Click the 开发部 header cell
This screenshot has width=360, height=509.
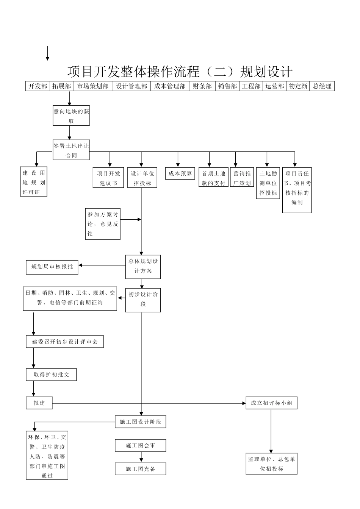pyautogui.click(x=38, y=86)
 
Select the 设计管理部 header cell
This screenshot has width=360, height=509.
pyautogui.click(x=131, y=86)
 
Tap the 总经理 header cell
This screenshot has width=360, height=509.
pyautogui.click(x=322, y=86)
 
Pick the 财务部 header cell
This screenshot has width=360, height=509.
pyautogui.click(x=202, y=86)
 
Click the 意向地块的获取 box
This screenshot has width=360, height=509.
pyautogui.click(x=71, y=116)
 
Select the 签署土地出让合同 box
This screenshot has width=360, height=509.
pyautogui.click(x=71, y=150)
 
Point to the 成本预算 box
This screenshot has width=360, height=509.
pyautogui.click(x=180, y=173)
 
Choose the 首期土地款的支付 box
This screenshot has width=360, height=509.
pyautogui.click(x=213, y=178)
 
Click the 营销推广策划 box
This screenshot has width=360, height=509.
pyautogui.click(x=242, y=178)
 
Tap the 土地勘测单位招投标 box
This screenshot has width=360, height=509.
pyautogui.click(x=268, y=183)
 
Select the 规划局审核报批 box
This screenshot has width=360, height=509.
pyautogui.click(x=52, y=267)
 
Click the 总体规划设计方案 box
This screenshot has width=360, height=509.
pyautogui.click(x=143, y=266)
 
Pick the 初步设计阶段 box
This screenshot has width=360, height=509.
pyautogui.click(x=143, y=299)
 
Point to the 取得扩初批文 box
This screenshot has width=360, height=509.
pyautogui.click(x=52, y=375)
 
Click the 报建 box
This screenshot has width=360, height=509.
pyautogui.click(x=39, y=403)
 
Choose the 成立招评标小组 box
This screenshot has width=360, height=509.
pyautogui.click(x=271, y=403)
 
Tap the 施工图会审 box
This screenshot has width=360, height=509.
pyautogui.click(x=141, y=445)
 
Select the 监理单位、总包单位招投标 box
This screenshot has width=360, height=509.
pyautogui.click(x=271, y=464)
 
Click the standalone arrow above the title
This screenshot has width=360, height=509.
pyautogui.click(x=47, y=53)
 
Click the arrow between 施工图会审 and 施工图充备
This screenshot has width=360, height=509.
pyautogui.click(x=141, y=457)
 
